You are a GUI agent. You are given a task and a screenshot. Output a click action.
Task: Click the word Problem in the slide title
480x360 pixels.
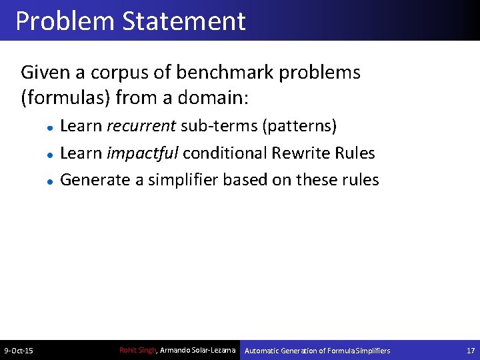pos(65,21)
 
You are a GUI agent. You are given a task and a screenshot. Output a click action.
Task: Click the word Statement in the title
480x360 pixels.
pos(183,21)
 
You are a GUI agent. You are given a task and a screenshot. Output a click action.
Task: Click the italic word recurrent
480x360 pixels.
pos(141,126)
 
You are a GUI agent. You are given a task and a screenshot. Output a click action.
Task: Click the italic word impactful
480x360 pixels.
pos(142,153)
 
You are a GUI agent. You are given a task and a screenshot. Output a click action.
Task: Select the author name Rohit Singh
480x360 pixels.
pos(137,350)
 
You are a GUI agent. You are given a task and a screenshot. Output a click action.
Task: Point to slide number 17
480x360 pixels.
pos(471,351)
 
